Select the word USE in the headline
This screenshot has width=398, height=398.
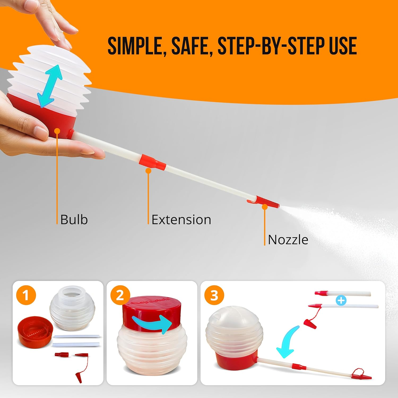(x=342, y=46)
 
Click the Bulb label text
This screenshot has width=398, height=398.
(x=74, y=220)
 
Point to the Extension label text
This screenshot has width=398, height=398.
(x=181, y=220)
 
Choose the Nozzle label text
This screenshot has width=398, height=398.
(x=288, y=240)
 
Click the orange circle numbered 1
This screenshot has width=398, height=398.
(x=26, y=295)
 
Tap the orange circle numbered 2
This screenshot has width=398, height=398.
(x=120, y=295)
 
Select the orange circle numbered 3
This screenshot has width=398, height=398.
(x=214, y=295)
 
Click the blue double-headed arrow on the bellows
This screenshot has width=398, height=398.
(x=50, y=86)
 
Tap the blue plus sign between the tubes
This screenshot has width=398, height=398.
(x=341, y=300)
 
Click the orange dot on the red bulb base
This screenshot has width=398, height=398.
(x=57, y=131)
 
